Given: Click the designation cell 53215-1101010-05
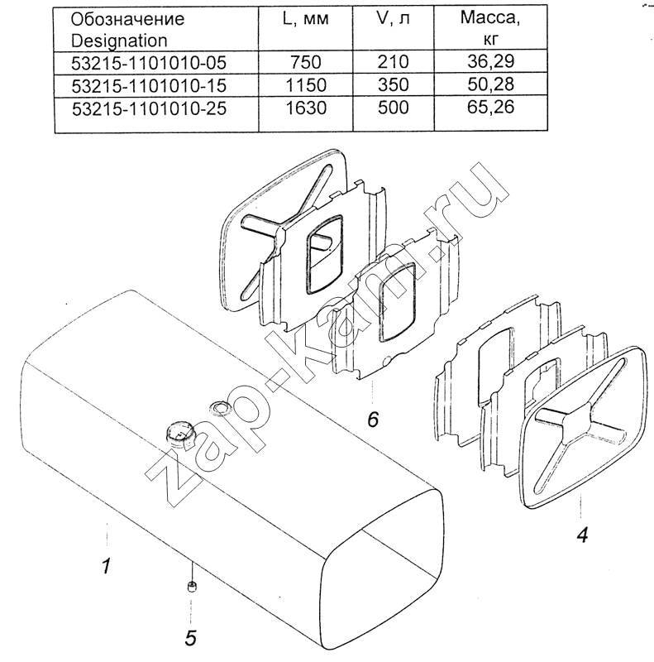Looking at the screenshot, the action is [149, 63].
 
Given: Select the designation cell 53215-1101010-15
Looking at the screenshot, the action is [149, 86].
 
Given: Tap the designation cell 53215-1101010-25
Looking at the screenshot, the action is [149, 108].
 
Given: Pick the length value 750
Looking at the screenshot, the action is [306, 63].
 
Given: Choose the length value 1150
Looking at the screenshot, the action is [306, 85].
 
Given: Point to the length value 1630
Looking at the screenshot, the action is [306, 108].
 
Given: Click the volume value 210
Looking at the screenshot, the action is [394, 62].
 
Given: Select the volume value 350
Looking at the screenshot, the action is [394, 85].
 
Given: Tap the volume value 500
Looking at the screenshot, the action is [394, 108].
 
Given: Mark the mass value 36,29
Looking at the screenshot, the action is [491, 61].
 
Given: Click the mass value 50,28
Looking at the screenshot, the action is [491, 84].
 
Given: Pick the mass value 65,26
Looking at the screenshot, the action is [491, 108].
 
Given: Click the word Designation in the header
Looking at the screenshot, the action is [119, 41].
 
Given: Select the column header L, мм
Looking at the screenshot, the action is [305, 19].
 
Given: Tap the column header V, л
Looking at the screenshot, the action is [393, 19].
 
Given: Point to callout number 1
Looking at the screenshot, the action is [107, 565].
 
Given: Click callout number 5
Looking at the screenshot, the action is [191, 638].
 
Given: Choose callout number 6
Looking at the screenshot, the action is [373, 420].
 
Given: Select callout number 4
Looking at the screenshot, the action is [582, 535].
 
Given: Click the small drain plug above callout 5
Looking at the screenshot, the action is [192, 587].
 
